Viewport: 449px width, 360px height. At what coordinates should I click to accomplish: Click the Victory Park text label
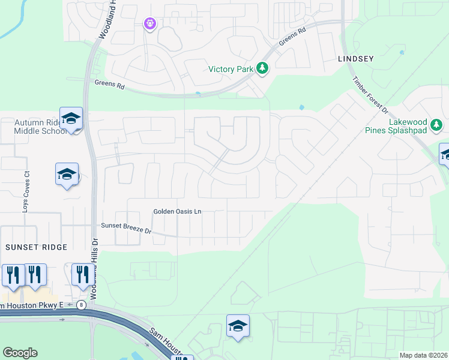(x=231, y=69)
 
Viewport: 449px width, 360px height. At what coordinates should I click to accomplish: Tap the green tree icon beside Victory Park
(x=262, y=68)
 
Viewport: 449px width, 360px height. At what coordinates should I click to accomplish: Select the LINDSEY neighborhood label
(x=355, y=59)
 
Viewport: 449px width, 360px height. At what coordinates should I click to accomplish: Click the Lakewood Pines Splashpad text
(x=407, y=126)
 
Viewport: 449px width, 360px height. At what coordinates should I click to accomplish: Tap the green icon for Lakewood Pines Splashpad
(x=437, y=125)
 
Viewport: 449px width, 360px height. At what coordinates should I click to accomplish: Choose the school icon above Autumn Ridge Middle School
(x=71, y=119)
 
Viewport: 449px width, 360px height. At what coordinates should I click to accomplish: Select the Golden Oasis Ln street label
(x=177, y=211)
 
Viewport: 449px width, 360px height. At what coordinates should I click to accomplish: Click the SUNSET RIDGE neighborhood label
(x=36, y=247)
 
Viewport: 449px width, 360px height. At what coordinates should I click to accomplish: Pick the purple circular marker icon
(x=149, y=23)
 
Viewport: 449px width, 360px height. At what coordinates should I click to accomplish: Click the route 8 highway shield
(x=82, y=305)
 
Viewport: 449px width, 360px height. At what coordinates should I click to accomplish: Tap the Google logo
(x=20, y=353)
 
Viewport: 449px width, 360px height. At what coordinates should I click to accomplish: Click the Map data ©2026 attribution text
(x=423, y=355)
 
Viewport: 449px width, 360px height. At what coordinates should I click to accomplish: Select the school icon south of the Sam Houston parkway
(x=238, y=326)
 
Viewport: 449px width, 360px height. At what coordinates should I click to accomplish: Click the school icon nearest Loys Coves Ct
(x=66, y=175)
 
